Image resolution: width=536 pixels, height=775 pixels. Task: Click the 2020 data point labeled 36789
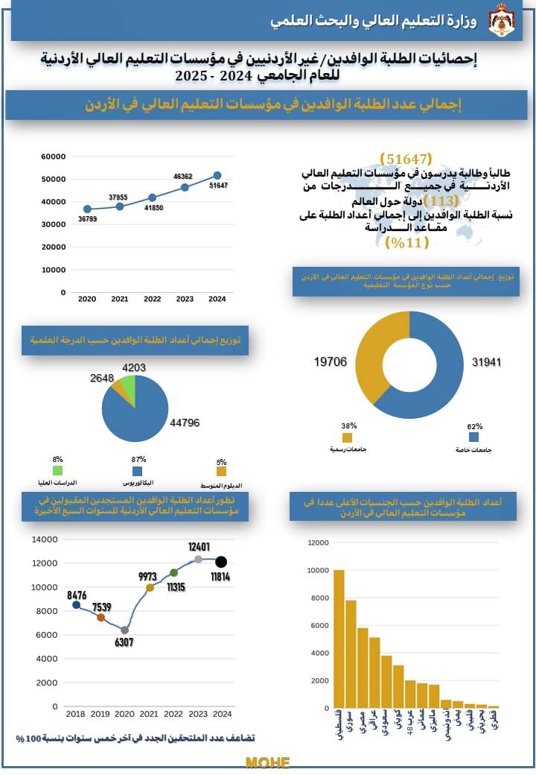point(87,209)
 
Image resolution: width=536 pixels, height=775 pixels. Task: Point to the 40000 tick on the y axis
point(54,202)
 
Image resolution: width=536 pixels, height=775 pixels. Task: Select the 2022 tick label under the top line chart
point(153,299)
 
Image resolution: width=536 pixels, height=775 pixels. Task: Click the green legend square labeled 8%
point(57,471)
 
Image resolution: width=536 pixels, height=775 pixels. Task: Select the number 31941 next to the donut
point(487,362)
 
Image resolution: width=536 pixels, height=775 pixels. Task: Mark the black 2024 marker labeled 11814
point(221,561)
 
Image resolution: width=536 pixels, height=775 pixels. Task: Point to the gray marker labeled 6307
point(124,630)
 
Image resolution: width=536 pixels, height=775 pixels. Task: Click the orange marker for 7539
point(100,617)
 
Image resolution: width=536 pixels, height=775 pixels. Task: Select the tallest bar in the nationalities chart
point(339,639)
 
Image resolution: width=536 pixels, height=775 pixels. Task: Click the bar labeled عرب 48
point(410,694)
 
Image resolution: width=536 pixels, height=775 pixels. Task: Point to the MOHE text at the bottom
point(267,762)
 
